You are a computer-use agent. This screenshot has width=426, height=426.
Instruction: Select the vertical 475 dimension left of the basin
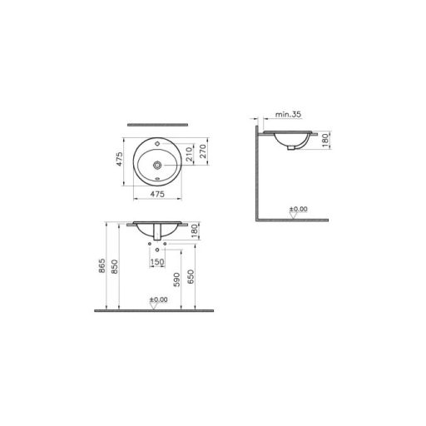click(121, 159)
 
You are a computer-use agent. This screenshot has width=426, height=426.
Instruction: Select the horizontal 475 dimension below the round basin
click(158, 195)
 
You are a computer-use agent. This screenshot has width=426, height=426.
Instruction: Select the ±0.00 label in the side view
click(299, 208)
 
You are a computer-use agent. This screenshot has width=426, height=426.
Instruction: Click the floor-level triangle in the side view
click(292, 215)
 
